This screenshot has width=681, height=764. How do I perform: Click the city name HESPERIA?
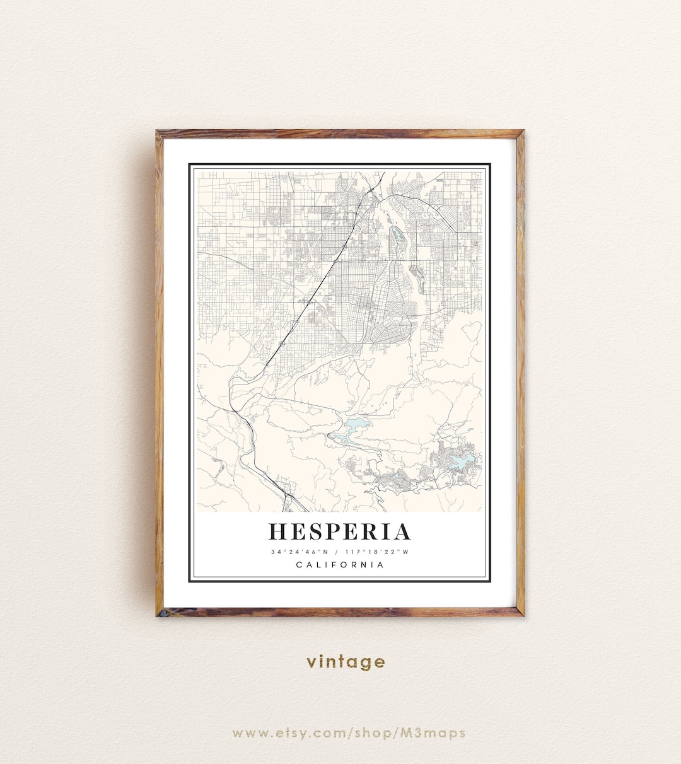(x=340, y=532)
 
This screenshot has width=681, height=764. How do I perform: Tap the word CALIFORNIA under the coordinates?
(x=340, y=565)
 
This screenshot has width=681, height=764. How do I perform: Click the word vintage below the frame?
(x=346, y=662)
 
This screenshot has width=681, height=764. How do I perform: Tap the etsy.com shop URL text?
(x=349, y=733)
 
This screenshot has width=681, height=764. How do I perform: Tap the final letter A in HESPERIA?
(x=402, y=532)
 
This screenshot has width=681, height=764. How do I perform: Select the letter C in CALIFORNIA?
(x=299, y=565)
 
